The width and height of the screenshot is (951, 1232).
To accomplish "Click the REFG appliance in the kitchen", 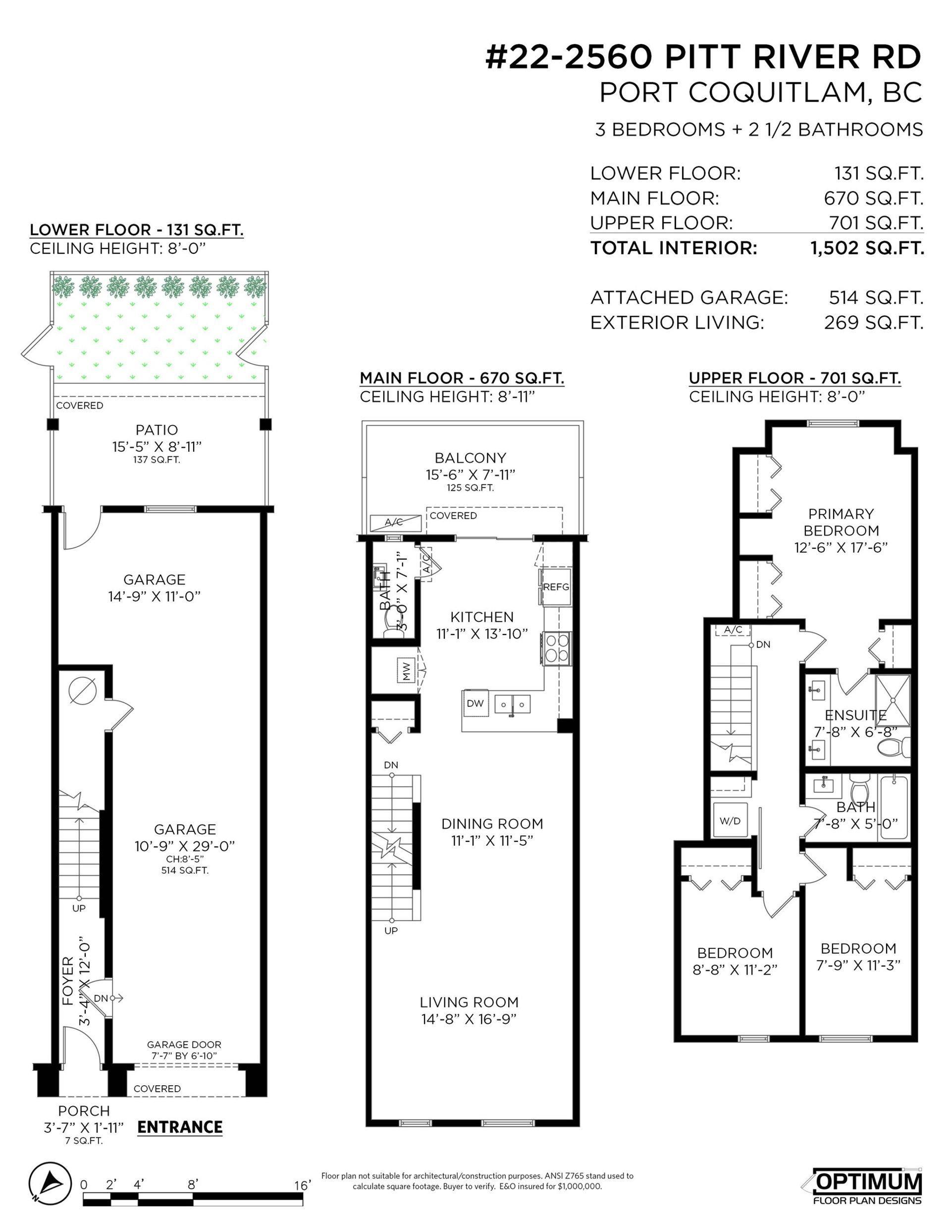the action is click(x=556, y=587).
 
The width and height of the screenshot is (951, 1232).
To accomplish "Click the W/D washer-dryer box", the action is click(x=730, y=821).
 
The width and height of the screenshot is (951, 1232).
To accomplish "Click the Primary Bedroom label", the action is click(x=841, y=522).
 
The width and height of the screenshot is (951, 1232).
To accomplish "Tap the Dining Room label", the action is click(x=492, y=823).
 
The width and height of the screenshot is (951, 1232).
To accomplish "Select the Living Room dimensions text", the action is click(x=469, y=1019).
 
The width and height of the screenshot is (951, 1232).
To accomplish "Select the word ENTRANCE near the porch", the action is click(x=180, y=1127).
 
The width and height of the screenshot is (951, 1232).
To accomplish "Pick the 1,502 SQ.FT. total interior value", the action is click(x=867, y=248).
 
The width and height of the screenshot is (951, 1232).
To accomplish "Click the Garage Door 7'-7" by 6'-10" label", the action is click(x=184, y=1051).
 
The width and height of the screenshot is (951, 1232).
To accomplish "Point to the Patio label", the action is click(x=157, y=430).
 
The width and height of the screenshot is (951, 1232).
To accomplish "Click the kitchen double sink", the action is click(x=513, y=704).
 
